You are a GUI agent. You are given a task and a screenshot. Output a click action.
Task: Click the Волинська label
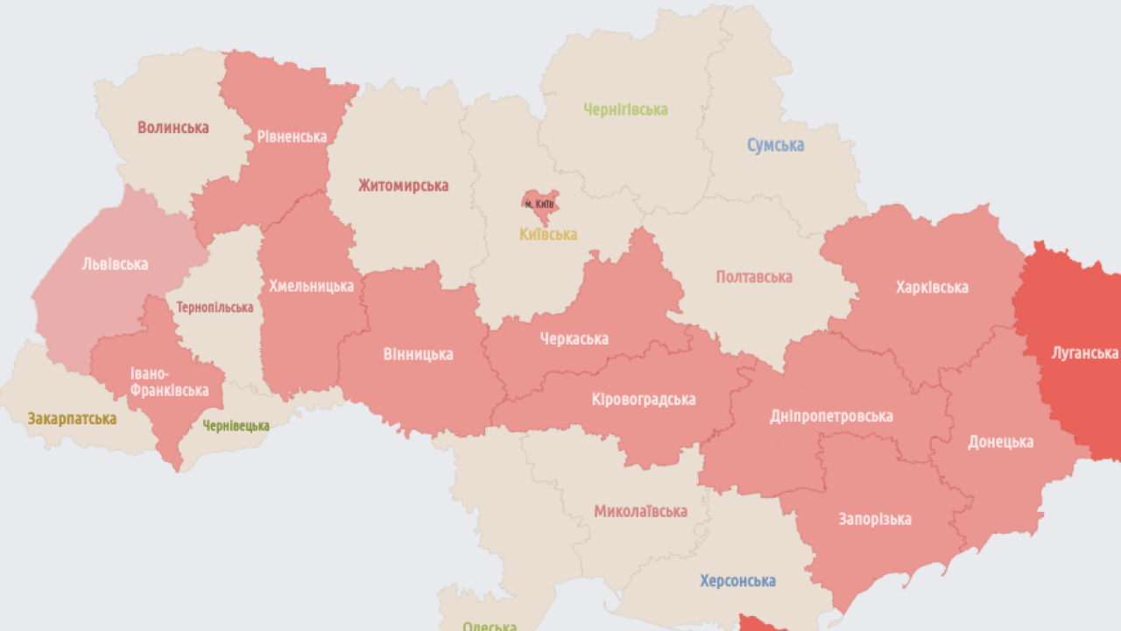[x=173, y=128]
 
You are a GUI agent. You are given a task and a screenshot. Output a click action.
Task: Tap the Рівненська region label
[x=292, y=137]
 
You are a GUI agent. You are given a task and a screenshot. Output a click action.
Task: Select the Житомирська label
[x=403, y=186]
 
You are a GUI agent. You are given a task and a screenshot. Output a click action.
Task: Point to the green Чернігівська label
[x=625, y=110]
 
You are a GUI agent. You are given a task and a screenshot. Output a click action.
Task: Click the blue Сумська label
[x=775, y=145]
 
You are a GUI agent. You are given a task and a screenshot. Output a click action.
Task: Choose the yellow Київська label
[x=548, y=235]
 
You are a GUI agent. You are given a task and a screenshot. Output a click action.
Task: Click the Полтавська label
[x=754, y=277]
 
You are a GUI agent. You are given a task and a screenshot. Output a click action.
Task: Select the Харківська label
[x=932, y=287]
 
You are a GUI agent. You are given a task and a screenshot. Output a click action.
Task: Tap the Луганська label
[x=1085, y=353]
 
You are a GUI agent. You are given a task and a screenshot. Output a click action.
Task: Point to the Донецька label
[x=1000, y=442]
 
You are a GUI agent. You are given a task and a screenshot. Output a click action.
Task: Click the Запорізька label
[x=874, y=519]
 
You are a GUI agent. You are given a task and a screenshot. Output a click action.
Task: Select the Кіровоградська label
[x=644, y=400]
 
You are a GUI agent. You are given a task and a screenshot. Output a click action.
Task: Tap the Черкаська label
[x=574, y=339]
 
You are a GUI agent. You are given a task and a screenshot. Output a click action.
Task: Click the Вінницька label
[x=418, y=354]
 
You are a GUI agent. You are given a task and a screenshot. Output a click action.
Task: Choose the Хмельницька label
[x=311, y=286]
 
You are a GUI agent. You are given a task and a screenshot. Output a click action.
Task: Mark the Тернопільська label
[x=215, y=308]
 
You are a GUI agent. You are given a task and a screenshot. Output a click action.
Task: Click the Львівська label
[x=115, y=264]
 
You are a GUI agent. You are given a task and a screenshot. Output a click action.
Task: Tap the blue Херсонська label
[x=737, y=581]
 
